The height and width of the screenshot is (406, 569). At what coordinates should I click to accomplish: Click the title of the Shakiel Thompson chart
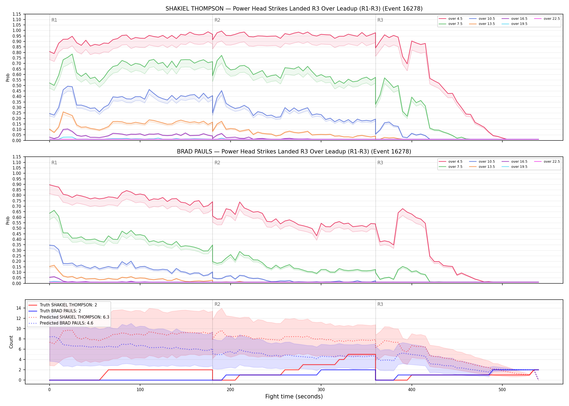tap(294, 9)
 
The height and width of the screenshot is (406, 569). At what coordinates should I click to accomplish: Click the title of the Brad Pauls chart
tap(294, 152)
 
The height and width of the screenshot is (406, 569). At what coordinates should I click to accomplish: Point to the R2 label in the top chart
tap(217, 20)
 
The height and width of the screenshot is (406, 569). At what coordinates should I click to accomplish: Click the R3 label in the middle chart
tap(380, 163)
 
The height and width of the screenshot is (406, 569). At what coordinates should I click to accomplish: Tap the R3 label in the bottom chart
tap(380, 304)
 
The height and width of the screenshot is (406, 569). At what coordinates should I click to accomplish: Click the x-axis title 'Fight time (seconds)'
tap(294, 397)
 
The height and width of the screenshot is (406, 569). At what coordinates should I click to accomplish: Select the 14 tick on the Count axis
tap(19, 308)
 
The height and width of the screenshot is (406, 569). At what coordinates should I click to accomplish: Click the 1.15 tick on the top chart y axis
tap(17, 14)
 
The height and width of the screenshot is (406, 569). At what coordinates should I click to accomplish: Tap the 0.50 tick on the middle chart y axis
tap(17, 228)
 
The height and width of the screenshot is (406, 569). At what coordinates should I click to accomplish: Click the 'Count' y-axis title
tap(11, 342)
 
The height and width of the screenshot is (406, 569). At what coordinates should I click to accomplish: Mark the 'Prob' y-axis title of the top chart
tap(8, 77)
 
